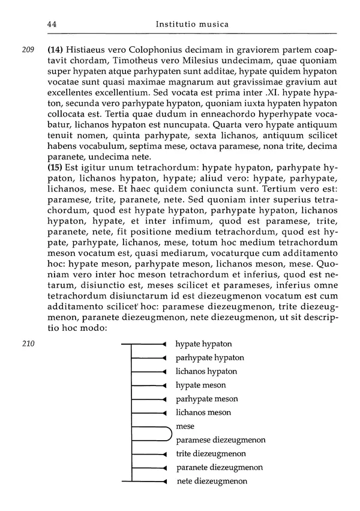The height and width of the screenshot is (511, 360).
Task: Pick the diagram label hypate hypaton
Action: [203, 344]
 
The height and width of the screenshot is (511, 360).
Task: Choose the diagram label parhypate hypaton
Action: [209, 358]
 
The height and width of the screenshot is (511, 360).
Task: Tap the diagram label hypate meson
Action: [200, 386]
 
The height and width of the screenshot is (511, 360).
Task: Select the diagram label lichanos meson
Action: [203, 413]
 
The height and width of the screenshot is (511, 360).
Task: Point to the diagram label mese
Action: [185, 426]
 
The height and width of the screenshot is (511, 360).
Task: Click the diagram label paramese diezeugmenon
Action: [221, 440]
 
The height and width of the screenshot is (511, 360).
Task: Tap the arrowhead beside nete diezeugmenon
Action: [164, 482]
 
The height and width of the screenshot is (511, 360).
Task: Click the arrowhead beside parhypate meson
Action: [164, 399]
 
